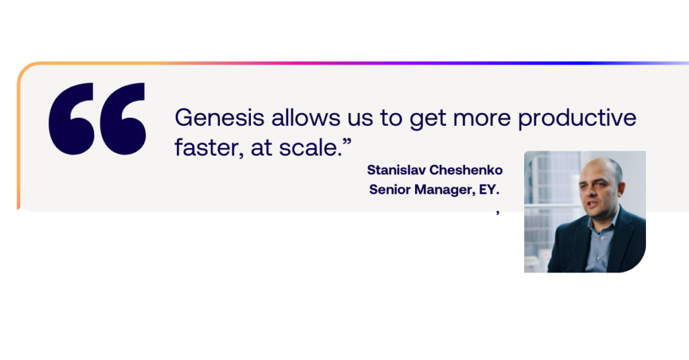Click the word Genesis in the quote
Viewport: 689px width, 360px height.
point(220,118)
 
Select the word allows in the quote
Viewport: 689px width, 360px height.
point(306,118)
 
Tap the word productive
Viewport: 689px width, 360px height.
point(577,118)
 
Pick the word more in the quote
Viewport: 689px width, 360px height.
point(482,118)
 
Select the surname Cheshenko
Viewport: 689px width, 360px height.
point(466,170)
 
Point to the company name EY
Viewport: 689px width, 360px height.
point(489,190)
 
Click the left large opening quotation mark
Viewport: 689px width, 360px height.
point(71,118)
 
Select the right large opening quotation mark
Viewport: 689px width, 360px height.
point(122,118)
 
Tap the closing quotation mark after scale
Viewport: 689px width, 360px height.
point(347,141)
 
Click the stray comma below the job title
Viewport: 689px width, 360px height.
point(498,213)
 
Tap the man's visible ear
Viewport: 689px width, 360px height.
point(621,188)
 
